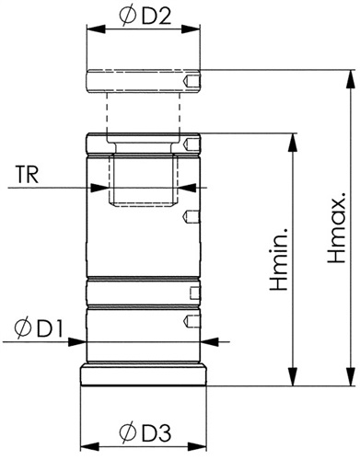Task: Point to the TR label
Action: pyautogui.click(x=28, y=175)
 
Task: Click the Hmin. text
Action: pyautogui.click(x=278, y=259)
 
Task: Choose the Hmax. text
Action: pyautogui.click(x=336, y=227)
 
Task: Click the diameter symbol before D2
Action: pyautogui.click(x=128, y=17)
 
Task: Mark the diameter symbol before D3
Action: pyautogui.click(x=128, y=432)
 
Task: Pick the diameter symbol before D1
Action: pyautogui.click(x=23, y=328)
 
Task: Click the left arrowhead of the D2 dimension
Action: pyautogui.click(x=96, y=29)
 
